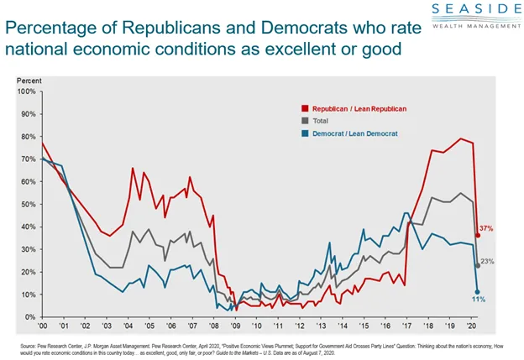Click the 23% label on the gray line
(x=488, y=262)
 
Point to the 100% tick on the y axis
(x=26, y=91)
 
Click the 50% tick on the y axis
(x=28, y=204)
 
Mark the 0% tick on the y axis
(x=29, y=317)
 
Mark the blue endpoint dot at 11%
(x=477, y=291)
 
